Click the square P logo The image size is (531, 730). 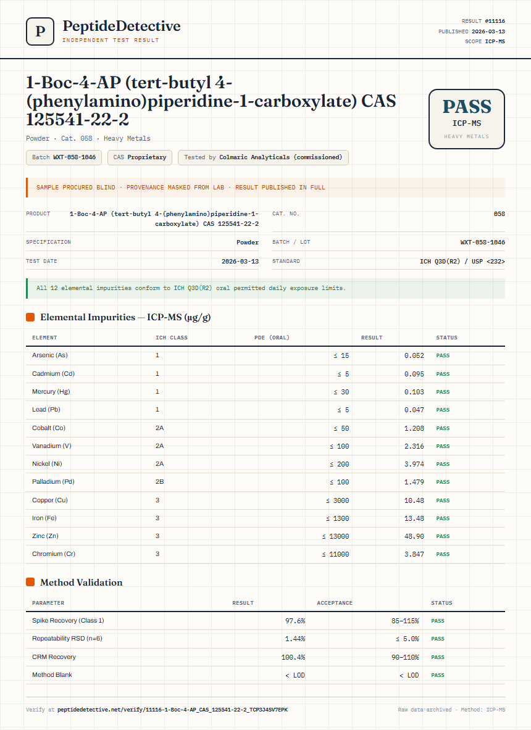point(40,31)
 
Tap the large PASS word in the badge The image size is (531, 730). point(467,107)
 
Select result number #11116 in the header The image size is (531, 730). point(495,21)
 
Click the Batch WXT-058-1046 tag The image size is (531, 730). point(64,157)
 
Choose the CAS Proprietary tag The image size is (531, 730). point(140,157)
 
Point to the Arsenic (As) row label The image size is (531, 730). point(50,355)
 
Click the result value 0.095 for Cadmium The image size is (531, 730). point(414,374)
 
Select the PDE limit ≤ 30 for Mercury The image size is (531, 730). point(341,392)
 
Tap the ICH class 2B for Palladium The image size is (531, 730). point(160,482)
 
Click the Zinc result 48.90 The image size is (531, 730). point(414,536)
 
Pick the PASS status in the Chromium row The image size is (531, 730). point(443,555)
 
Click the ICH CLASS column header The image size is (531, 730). point(172,338)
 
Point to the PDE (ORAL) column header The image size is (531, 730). point(272,338)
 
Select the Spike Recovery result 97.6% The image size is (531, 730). point(295,621)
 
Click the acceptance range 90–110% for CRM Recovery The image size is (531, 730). point(405,657)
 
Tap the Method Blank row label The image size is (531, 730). point(52,675)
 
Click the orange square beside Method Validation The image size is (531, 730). point(30,582)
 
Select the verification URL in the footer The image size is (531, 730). point(172,710)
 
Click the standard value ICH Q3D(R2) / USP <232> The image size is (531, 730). point(462,262)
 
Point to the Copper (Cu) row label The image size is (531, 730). point(50,500)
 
